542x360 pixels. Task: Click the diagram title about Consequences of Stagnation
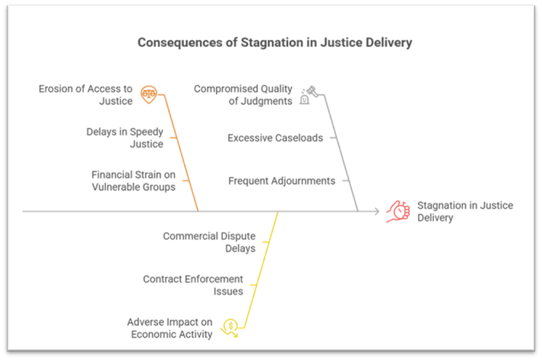click(274, 43)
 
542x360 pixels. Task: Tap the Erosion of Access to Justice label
click(86, 95)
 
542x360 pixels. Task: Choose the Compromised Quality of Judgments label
click(243, 95)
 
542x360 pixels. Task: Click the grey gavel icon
click(308, 94)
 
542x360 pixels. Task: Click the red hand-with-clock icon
click(397, 210)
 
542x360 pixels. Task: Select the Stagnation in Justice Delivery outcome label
click(464, 211)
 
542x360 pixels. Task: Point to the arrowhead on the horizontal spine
click(376, 211)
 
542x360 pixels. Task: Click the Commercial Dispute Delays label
click(209, 242)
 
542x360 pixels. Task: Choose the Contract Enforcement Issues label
click(193, 285)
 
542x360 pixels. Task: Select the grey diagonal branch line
click(341, 152)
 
